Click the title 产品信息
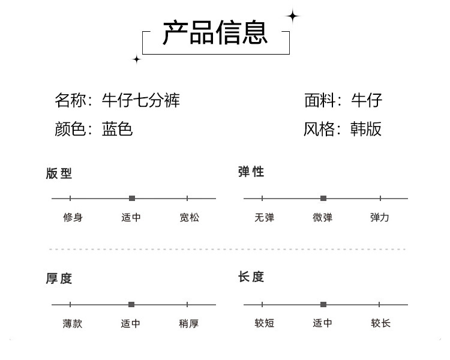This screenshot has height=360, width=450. (215, 32)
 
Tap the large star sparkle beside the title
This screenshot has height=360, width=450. (293, 16)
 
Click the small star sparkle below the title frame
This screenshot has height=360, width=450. (137, 59)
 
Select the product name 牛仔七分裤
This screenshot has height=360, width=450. (140, 100)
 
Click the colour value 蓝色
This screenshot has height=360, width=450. (117, 128)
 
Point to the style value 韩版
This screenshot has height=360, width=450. (366, 128)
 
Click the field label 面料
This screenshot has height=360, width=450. (320, 100)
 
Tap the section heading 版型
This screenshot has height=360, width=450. (59, 173)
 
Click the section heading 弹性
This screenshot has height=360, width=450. (251, 172)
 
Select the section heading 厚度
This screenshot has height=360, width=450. (59, 278)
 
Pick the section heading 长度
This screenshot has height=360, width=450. (251, 277)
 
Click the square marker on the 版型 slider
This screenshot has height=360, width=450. (132, 198)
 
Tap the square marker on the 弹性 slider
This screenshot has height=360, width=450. (323, 198)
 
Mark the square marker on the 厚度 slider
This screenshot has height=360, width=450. (131, 305)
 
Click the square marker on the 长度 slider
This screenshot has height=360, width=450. (323, 305)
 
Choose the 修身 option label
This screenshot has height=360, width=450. (73, 217)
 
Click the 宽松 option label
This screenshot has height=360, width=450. (190, 217)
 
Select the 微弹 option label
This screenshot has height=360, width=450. (323, 217)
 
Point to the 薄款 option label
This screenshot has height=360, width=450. (73, 323)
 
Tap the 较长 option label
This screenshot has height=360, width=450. (381, 323)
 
